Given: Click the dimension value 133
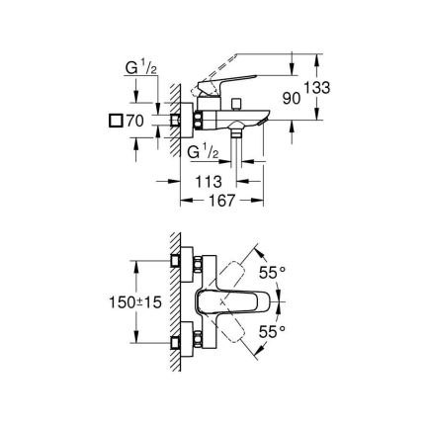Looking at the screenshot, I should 316,88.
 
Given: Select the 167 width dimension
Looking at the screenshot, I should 221,201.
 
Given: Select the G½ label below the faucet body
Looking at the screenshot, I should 204,151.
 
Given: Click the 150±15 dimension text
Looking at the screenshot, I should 134,302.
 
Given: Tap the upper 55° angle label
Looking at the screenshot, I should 272,271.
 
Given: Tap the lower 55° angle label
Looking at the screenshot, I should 272,333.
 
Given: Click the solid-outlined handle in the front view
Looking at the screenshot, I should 231,301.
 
